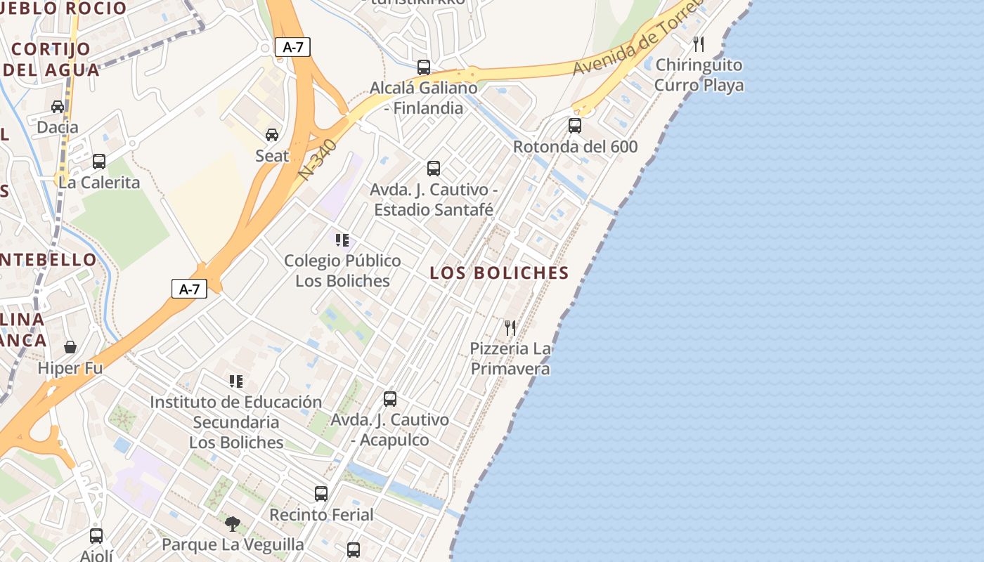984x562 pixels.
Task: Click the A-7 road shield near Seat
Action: (x=292, y=47)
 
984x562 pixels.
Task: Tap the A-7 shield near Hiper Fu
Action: (x=189, y=289)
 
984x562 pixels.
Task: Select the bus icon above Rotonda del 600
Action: (x=575, y=126)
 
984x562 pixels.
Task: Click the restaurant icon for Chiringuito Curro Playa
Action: (x=699, y=44)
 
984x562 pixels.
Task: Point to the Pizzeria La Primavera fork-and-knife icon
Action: (x=510, y=327)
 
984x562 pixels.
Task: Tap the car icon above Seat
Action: (x=272, y=135)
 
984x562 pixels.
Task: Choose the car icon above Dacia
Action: (x=58, y=107)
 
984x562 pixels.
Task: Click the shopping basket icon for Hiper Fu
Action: (x=70, y=347)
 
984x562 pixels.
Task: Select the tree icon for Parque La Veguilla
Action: (x=233, y=523)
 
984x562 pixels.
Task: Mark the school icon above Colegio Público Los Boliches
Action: (x=342, y=240)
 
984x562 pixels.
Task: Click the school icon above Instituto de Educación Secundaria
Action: (x=236, y=381)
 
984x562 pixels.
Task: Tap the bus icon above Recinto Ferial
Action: (x=321, y=493)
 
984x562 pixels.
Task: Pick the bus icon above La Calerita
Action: (x=99, y=162)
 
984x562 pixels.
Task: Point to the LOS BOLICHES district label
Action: (x=499, y=273)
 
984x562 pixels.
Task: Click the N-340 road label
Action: (x=318, y=159)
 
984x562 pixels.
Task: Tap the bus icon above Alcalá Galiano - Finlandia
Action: (x=424, y=67)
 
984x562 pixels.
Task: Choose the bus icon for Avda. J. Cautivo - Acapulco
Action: (x=390, y=399)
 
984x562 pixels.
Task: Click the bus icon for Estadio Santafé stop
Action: (x=434, y=169)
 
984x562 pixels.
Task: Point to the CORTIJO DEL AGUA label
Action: (x=51, y=59)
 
